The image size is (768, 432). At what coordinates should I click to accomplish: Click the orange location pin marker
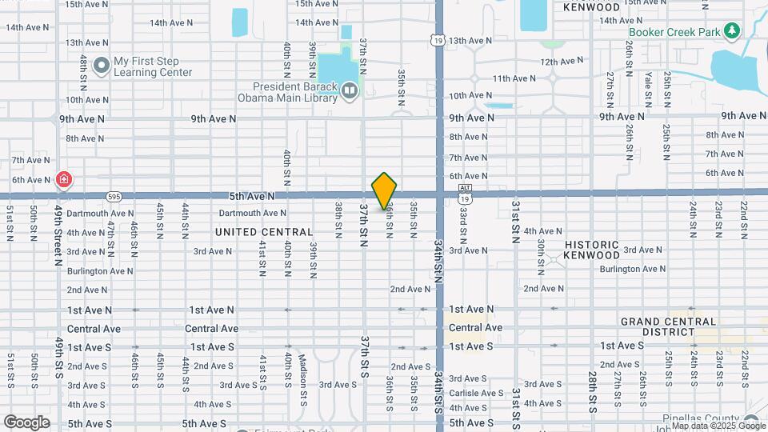click(385, 190)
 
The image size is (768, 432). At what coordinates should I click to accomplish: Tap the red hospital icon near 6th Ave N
click(63, 180)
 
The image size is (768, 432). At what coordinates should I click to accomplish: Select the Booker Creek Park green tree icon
click(731, 31)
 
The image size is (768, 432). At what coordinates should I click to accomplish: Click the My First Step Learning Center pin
click(101, 65)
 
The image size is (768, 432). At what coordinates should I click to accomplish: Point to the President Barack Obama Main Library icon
click(349, 92)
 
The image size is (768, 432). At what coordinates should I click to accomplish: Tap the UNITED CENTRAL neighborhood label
click(264, 232)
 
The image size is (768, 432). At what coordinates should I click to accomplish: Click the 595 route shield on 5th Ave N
click(114, 196)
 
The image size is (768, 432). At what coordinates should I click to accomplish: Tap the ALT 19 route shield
click(464, 194)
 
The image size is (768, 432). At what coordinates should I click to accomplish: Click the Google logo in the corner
click(26, 422)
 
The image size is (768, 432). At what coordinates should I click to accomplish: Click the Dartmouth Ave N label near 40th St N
click(254, 213)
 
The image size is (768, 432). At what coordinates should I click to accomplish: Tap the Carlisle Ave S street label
click(475, 393)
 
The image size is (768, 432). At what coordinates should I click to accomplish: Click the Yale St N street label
click(647, 89)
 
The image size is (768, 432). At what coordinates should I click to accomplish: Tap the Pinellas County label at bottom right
click(694, 418)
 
